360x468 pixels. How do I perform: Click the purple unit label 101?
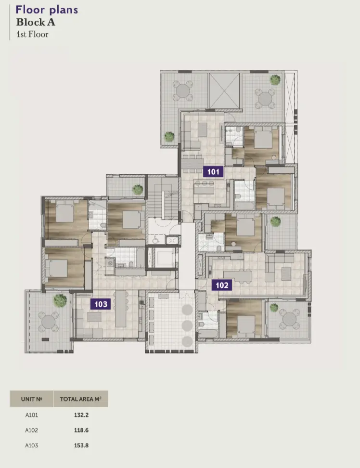click(x=213, y=171)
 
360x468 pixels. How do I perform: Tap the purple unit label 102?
click(x=222, y=285)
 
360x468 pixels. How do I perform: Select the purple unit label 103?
click(x=101, y=304)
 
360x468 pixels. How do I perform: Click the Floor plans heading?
click(x=47, y=10)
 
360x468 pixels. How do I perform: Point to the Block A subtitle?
click(x=35, y=22)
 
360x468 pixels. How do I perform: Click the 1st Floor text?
click(x=32, y=34)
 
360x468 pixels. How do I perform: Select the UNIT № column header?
click(x=32, y=399)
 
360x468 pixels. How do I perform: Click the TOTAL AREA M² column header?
click(x=80, y=399)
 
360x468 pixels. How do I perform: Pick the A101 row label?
click(x=32, y=415)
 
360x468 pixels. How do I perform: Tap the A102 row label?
click(x=32, y=430)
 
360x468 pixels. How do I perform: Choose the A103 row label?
click(x=32, y=445)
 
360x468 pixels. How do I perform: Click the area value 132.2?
click(x=80, y=415)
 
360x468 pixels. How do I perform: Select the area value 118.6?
click(x=80, y=430)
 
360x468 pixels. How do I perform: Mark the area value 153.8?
click(x=80, y=445)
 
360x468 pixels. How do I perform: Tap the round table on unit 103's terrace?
click(x=48, y=321)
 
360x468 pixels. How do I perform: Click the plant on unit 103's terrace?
click(x=60, y=300)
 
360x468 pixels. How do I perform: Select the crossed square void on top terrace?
click(x=224, y=90)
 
